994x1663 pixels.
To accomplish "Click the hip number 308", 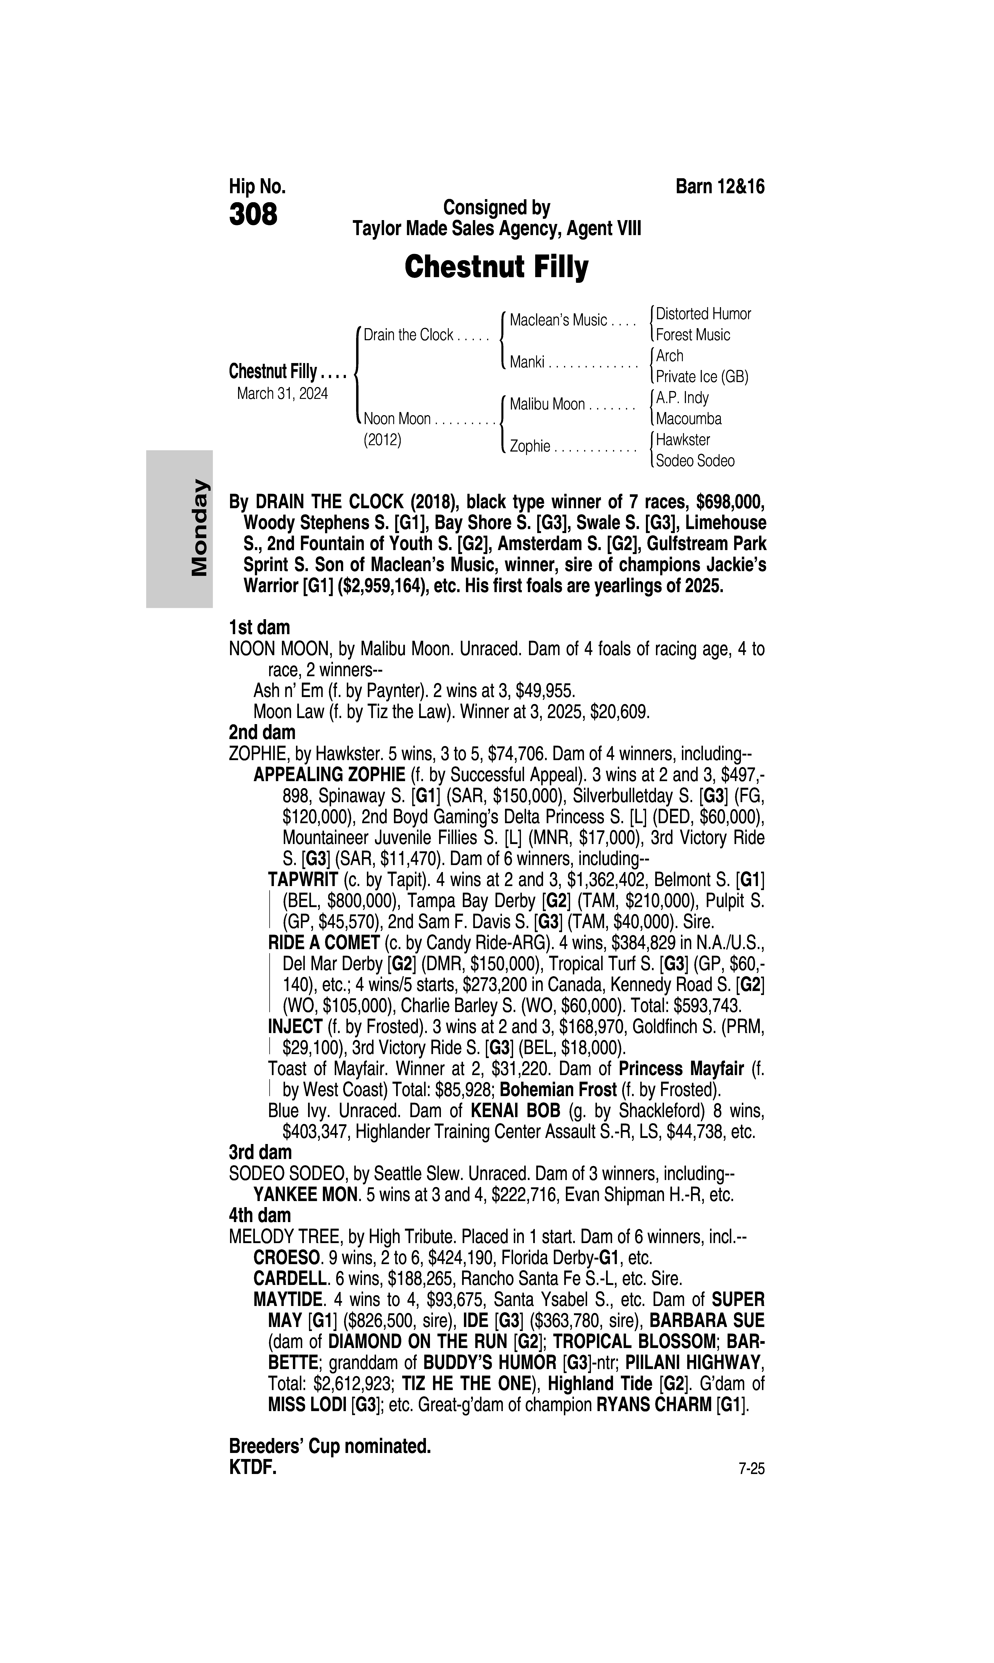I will pos(253,215).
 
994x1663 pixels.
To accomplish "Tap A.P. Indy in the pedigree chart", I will pos(682,398).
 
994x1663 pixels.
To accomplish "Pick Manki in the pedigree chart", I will pos(526,363).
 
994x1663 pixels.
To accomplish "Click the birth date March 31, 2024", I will pos(282,393).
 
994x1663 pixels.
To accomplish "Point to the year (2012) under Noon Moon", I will pos(382,440).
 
